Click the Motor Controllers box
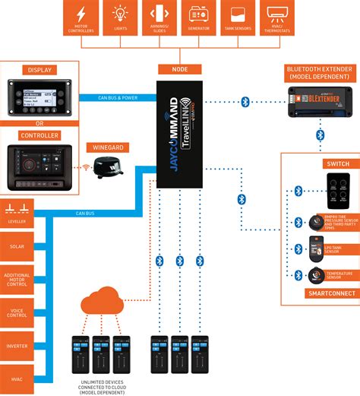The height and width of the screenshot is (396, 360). coord(81,19)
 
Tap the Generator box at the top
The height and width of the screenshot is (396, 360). coord(199,19)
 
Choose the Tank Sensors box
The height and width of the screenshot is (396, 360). coord(238,19)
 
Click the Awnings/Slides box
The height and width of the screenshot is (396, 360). coord(159,19)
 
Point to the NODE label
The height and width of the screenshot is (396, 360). coord(180,68)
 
